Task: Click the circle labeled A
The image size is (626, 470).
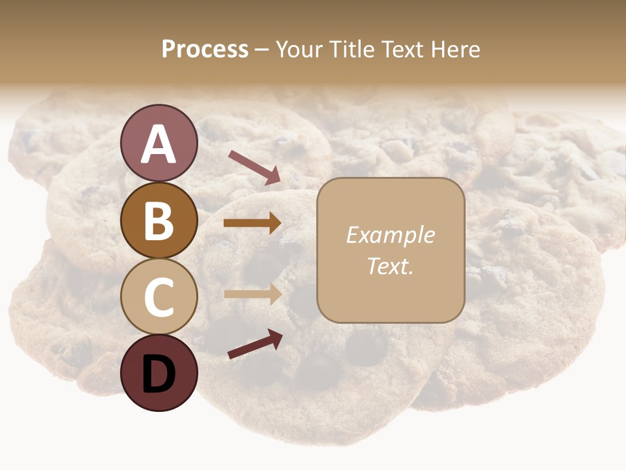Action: [158, 143]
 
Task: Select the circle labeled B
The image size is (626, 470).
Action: [158, 220]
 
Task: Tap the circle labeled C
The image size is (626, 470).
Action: [158, 297]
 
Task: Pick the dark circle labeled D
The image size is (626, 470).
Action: [158, 373]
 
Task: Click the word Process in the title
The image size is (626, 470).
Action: [205, 50]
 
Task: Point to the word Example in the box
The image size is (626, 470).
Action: [390, 235]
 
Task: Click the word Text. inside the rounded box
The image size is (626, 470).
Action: [390, 266]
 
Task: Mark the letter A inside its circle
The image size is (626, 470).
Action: [158, 144]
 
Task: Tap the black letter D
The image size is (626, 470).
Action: [158, 374]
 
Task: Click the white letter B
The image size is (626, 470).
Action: [158, 221]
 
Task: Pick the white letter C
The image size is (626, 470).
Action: [158, 298]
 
